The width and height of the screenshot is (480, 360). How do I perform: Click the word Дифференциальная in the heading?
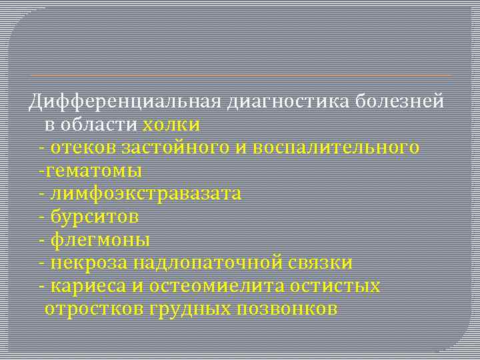point(125,101)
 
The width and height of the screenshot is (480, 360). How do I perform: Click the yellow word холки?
point(171,125)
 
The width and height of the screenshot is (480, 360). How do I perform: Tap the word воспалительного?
point(337,147)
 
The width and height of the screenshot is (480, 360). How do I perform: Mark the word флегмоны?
point(100,240)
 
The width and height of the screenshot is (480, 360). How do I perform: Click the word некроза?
point(89,263)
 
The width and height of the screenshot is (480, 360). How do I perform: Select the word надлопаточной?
point(210,263)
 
